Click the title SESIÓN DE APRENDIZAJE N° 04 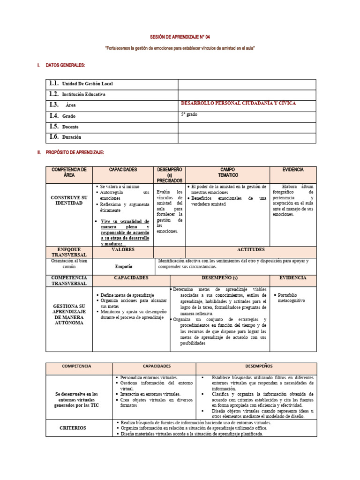point(180,37)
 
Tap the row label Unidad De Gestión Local point(87,84)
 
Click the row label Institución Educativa point(83,94)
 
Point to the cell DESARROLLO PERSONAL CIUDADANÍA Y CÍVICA point(238,103)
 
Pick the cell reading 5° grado point(189,114)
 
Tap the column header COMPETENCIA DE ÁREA point(69,172)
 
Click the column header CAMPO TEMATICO point(227,172)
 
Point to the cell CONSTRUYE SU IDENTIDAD point(69,200)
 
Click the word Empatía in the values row point(123,266)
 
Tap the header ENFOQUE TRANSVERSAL point(69,252)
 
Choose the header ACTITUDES point(251,250)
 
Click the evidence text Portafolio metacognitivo point(291,297)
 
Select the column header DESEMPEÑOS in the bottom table point(256,366)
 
